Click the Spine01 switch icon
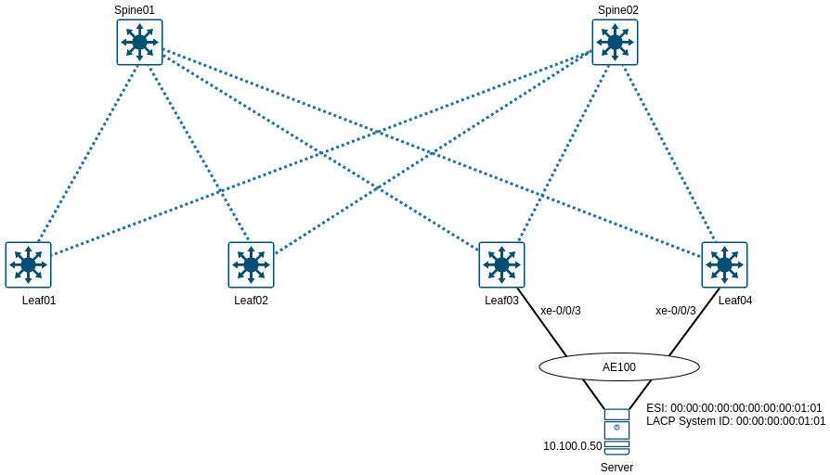[139, 43]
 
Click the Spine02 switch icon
[615, 43]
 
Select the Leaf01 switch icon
[28, 264]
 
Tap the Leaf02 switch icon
[251, 264]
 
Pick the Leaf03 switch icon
[501, 264]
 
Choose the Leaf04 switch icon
[724, 264]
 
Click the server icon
[616, 431]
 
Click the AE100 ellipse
[619, 366]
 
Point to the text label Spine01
[135, 10]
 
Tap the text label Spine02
[617, 10]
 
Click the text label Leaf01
[39, 300]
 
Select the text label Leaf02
[251, 300]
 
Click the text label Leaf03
[501, 300]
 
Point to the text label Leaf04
[735, 300]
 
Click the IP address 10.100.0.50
[573, 446]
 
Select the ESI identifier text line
[733, 407]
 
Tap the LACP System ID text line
[735, 421]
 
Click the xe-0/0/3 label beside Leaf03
[561, 311]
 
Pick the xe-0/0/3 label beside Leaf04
[675, 311]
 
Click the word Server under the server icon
[616, 468]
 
